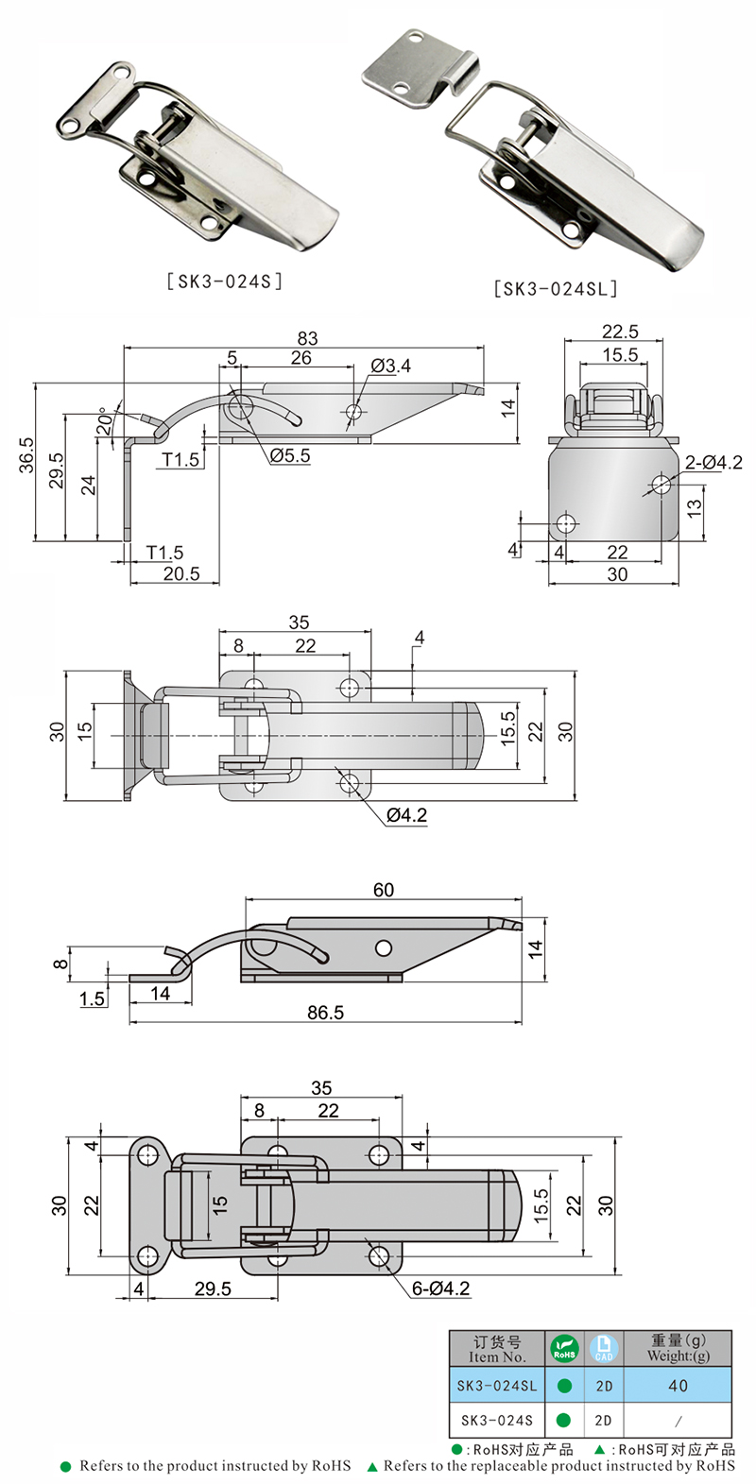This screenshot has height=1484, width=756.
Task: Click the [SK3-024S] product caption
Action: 224,281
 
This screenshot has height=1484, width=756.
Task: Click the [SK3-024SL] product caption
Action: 556,289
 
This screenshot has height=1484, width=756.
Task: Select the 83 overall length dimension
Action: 307,337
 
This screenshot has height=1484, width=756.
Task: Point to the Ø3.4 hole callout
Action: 390,366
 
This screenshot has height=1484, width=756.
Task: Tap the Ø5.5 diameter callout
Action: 290,455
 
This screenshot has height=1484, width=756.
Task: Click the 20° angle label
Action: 104,422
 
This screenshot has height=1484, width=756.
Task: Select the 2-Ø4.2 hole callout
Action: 713,462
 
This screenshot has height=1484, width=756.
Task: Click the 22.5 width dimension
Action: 620,331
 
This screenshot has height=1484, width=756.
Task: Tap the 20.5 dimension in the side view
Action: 180,573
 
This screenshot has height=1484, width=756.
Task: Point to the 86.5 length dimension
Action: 325,1012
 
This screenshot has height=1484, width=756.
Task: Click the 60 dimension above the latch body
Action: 384,889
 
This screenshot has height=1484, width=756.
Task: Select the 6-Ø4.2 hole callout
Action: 440,1288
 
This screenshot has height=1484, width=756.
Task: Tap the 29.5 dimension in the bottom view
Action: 213,1288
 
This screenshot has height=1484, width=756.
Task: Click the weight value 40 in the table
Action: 678,1386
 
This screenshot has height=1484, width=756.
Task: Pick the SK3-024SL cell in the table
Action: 496,1386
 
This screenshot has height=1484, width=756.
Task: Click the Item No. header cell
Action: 496,1349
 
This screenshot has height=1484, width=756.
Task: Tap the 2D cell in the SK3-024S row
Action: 604,1420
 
